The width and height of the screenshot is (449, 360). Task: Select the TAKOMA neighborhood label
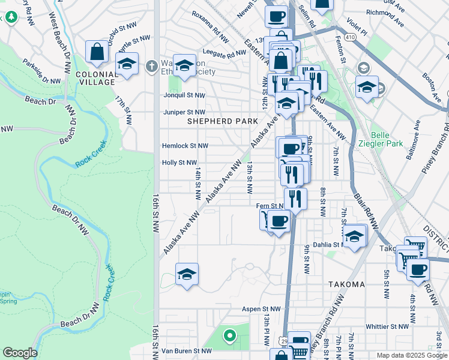346,284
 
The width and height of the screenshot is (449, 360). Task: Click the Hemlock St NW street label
185,146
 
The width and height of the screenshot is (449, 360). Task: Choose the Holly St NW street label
179,163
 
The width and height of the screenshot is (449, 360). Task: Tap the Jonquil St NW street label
184,95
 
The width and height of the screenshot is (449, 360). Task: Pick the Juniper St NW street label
184,112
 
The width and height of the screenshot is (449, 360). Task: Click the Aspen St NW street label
262,309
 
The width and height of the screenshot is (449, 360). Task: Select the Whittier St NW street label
387,326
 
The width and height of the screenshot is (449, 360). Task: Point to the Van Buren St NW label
186,351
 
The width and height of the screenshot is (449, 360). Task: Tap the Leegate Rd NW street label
224,53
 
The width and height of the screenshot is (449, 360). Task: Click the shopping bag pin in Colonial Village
97,53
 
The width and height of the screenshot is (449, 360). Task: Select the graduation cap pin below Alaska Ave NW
187,275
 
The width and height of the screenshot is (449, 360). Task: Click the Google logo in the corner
20,353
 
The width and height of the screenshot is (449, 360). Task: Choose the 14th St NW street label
197,183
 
